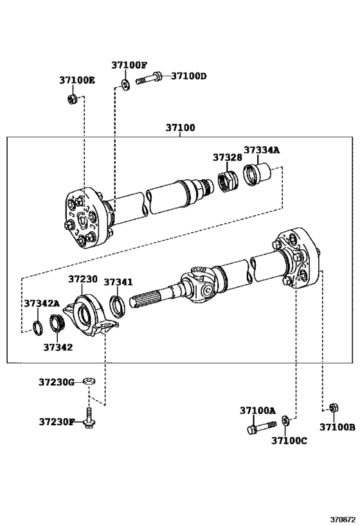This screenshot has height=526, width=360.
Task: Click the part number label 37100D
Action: [x=189, y=76]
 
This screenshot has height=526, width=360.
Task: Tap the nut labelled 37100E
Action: [x=72, y=99]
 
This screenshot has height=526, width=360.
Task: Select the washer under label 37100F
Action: [x=126, y=85]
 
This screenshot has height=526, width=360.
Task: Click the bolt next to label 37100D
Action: [x=148, y=78]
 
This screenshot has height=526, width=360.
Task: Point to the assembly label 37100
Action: [x=180, y=127]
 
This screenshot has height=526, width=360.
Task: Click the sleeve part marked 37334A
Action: [x=257, y=174]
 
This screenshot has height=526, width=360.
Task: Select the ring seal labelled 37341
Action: [x=117, y=306]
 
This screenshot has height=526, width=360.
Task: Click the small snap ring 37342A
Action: [x=37, y=328]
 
